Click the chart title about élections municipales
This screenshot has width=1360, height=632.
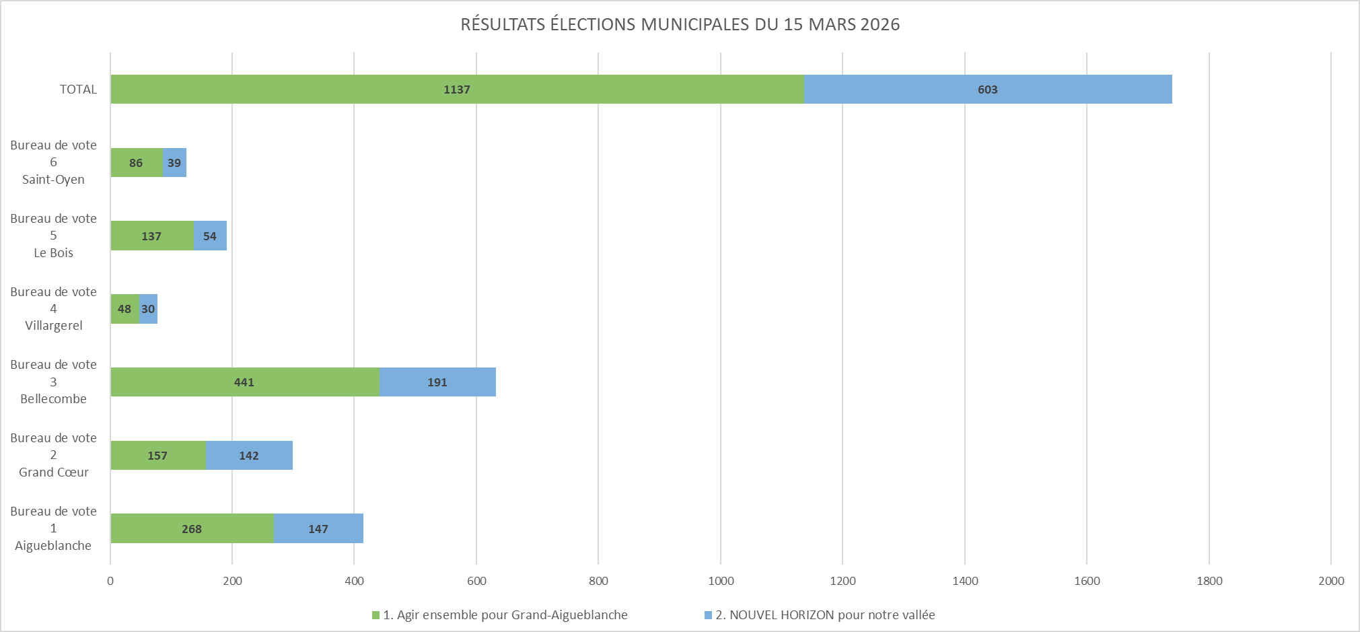click(680, 24)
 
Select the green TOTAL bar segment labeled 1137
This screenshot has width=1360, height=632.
click(457, 90)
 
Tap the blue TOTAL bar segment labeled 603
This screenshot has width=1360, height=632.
click(987, 90)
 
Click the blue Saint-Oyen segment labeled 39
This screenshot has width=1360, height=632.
click(174, 163)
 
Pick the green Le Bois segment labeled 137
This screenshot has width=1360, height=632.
click(151, 236)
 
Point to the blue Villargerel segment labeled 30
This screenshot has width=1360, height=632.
click(148, 309)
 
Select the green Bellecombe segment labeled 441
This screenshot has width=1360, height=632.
click(244, 382)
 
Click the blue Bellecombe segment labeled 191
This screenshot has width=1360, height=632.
click(437, 382)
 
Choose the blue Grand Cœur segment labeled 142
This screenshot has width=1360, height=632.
click(249, 456)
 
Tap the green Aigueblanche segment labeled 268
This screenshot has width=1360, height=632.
click(192, 529)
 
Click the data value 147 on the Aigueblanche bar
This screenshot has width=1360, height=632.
click(318, 529)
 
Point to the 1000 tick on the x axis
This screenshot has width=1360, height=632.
click(721, 581)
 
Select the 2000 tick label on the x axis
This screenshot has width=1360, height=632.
click(1330, 581)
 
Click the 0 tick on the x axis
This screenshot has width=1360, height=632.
click(110, 581)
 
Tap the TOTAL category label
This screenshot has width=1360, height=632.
click(78, 90)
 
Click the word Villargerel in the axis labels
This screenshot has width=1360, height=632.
click(54, 326)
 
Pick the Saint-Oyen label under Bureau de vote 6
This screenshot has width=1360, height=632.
click(53, 180)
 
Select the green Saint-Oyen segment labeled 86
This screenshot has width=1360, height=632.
click(136, 163)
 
